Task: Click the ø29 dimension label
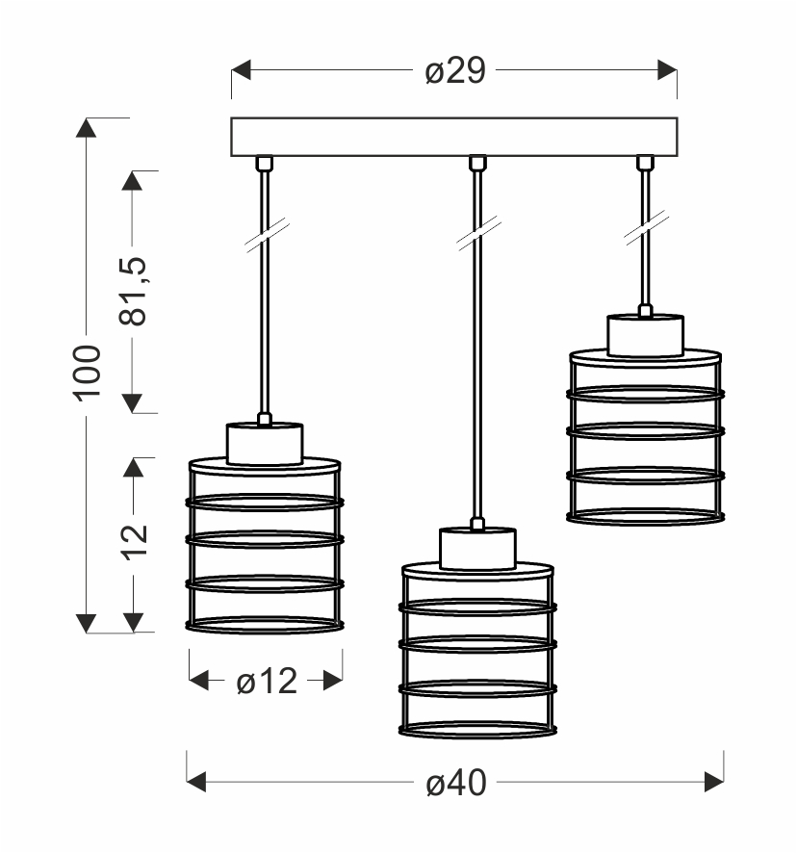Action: pyautogui.click(x=454, y=71)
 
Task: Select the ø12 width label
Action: pyautogui.click(x=266, y=682)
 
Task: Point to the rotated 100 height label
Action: pyautogui.click(x=88, y=372)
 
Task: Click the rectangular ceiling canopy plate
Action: pyautogui.click(x=454, y=137)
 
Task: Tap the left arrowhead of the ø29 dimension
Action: pyautogui.click(x=241, y=71)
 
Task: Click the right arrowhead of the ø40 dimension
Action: pyautogui.click(x=714, y=782)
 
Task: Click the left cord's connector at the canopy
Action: pyautogui.click(x=263, y=163)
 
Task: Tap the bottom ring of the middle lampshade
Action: pyautogui.click(x=477, y=730)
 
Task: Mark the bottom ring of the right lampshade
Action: pyautogui.click(x=645, y=517)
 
